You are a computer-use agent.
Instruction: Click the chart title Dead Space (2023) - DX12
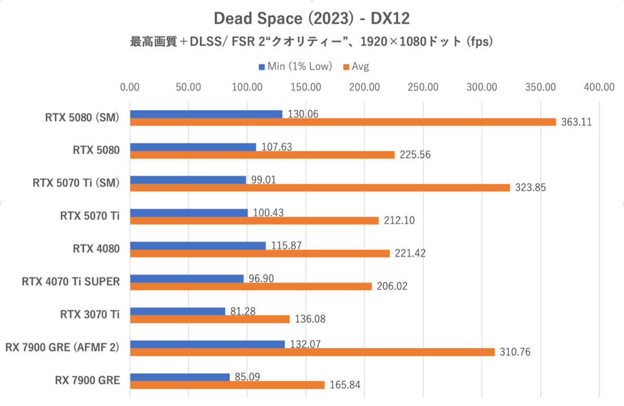311,19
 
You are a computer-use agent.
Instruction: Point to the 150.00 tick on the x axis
306,87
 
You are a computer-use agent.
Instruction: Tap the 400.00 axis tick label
599,87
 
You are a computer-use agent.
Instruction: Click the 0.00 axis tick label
130,87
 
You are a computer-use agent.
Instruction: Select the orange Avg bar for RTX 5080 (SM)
343,122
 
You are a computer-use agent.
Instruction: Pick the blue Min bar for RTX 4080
198,245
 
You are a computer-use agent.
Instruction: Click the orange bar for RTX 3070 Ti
210,319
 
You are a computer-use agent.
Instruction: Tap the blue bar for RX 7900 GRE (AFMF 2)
207,344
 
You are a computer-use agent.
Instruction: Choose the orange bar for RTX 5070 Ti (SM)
320,187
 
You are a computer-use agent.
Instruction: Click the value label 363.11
577,122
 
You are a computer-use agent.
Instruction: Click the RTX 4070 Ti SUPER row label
71,282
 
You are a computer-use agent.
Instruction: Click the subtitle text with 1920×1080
311,42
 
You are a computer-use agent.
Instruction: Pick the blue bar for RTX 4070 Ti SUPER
187,278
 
